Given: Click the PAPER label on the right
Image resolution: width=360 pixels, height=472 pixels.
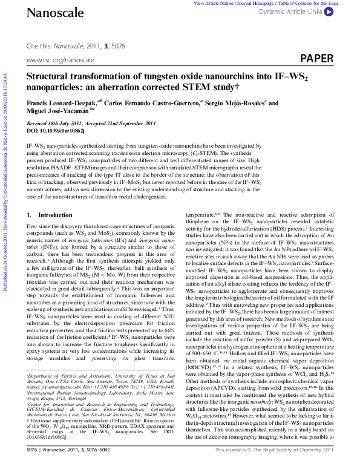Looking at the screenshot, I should (316, 59).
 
